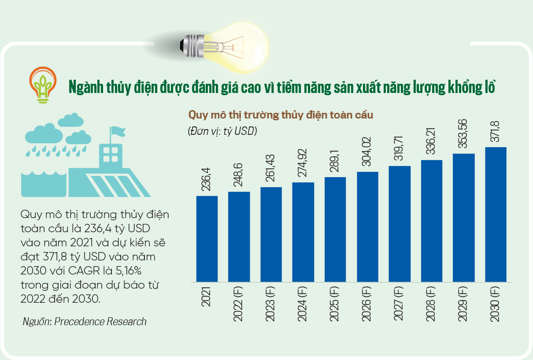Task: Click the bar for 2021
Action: [x=207, y=238]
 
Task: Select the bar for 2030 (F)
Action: [x=496, y=214]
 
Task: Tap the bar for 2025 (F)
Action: [x=335, y=229]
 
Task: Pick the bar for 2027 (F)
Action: [x=400, y=223]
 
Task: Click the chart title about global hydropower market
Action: [x=281, y=115]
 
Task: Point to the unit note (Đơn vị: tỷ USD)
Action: [x=222, y=131]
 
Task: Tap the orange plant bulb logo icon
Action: [x=43, y=84]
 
